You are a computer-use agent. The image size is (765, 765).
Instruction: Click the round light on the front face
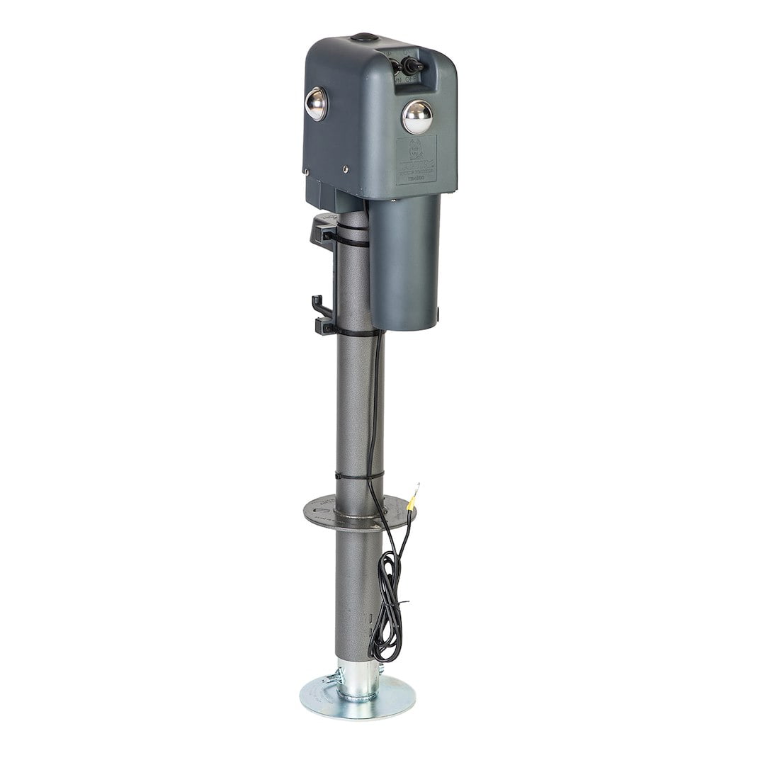coord(416,117)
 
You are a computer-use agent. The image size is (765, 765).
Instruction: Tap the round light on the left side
coord(316,104)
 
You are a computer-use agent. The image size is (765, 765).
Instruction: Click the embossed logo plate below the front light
coord(416,161)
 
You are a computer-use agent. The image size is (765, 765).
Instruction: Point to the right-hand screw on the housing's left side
coord(345,169)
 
